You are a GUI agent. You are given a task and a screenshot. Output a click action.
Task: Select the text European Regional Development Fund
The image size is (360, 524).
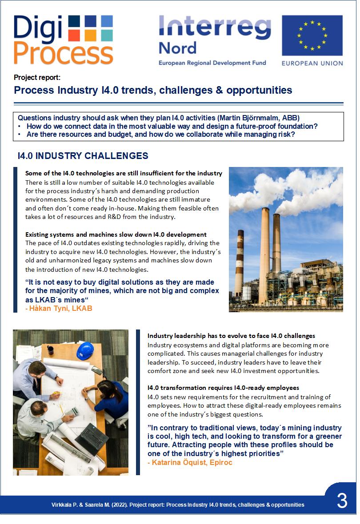coord(212,63)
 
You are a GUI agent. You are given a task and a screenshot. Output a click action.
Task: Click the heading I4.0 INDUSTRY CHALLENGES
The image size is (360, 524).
coord(83,156)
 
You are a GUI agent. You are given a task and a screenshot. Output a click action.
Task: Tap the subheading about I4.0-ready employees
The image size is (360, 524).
coord(223,388)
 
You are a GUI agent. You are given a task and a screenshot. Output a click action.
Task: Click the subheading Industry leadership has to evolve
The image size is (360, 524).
coord(231,336)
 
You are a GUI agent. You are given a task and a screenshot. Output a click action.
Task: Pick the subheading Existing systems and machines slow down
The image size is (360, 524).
coord(116,234)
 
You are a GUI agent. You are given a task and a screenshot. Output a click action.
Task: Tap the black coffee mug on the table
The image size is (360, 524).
coord(50,349)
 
